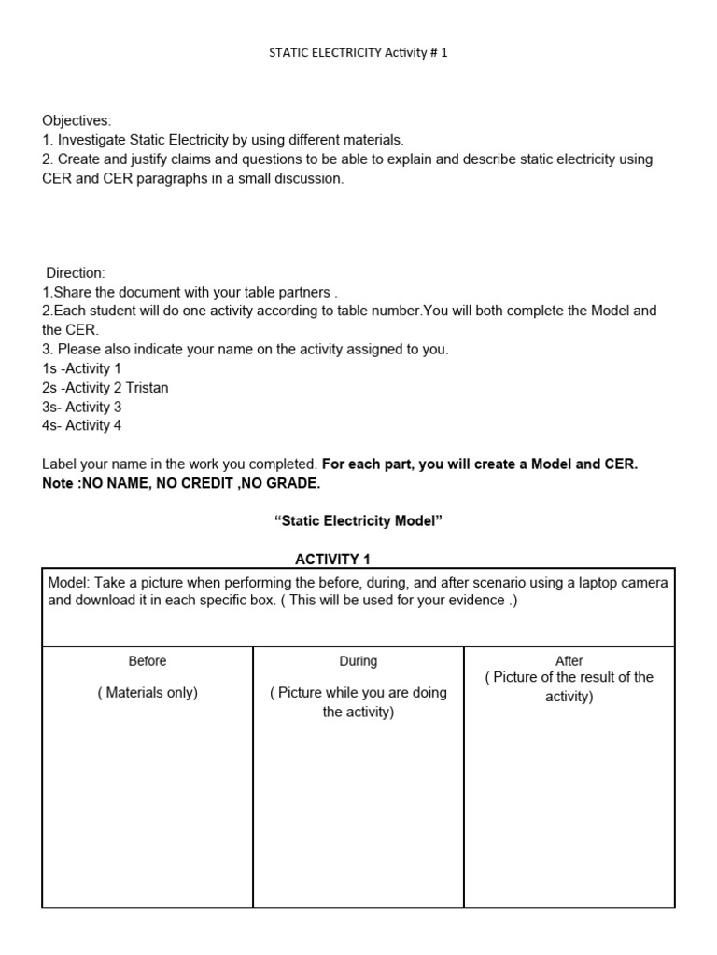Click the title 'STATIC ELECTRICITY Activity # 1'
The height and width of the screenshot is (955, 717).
pos(358,53)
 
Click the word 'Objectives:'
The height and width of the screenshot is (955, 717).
pos(77,120)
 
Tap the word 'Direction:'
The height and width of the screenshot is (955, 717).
pos(77,272)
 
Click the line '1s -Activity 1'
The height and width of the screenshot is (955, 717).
pos(82,368)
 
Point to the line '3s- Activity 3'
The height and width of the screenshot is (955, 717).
pos(82,407)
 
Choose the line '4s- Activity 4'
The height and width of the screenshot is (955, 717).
pos(82,425)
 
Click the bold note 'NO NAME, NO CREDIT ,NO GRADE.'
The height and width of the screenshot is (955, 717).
pos(201,483)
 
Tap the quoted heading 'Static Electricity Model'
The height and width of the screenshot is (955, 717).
pos(358,521)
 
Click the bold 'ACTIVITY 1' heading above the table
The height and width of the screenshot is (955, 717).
pos(333,560)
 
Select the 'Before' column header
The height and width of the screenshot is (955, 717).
pos(148,661)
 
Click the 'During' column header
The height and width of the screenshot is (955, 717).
pos(358,661)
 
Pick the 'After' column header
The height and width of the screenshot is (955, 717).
pos(569,661)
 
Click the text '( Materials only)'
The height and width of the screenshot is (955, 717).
pos(148,693)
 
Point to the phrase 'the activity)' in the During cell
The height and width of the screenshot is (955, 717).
pos(358,713)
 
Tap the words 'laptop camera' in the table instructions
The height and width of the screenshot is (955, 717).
pos(625,583)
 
